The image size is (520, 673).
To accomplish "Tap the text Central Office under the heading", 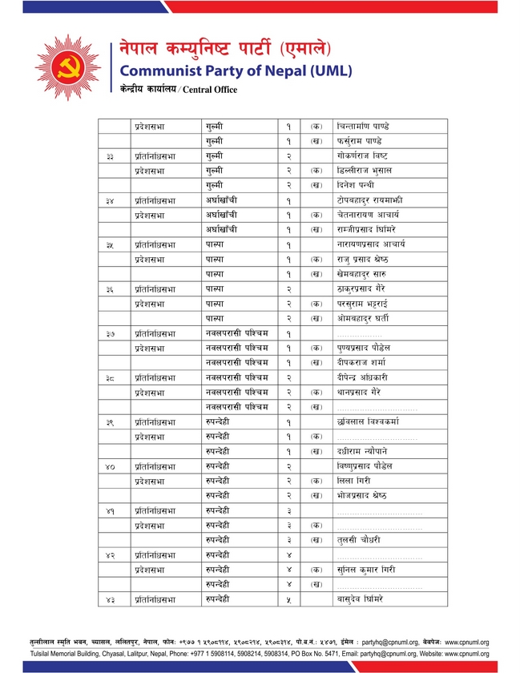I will [x=210, y=90].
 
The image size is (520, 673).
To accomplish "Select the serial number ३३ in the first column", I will [x=110, y=155].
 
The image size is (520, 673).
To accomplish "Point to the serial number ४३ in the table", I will [x=110, y=599].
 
